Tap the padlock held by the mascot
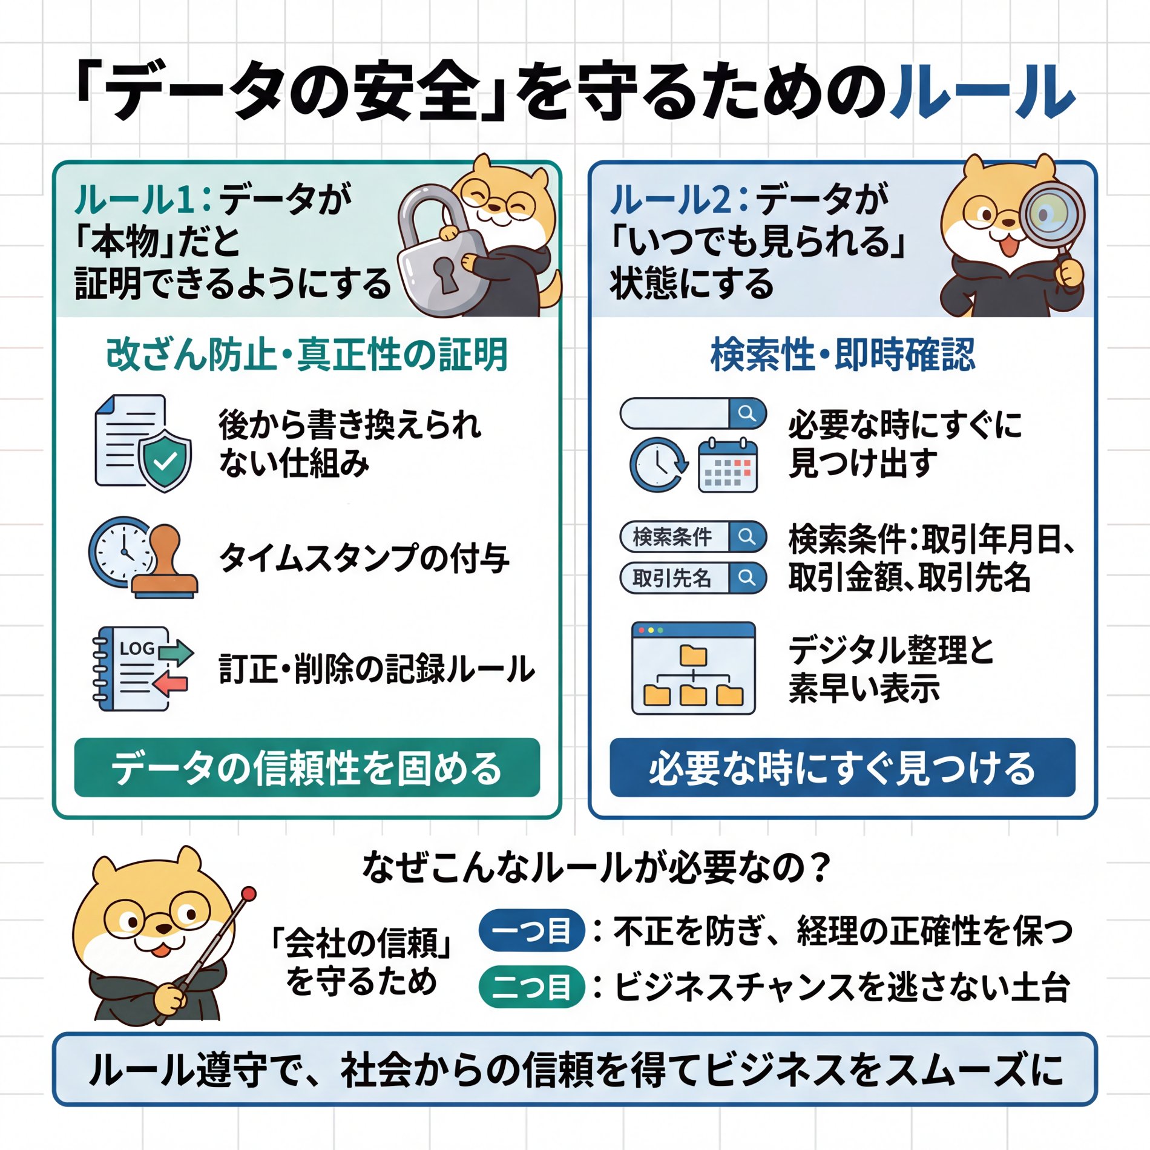[x=439, y=257]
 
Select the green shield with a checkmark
[x=165, y=461]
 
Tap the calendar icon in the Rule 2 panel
[x=727, y=466]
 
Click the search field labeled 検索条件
[x=692, y=537]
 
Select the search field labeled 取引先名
[x=692, y=578]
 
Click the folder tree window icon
[x=693, y=668]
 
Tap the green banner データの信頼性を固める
[x=307, y=767]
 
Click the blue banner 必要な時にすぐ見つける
[x=842, y=767]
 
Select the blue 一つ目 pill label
[x=531, y=931]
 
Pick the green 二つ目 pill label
[x=531, y=987]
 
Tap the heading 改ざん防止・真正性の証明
[x=307, y=355]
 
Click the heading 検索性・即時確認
[x=842, y=355]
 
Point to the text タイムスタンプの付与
[x=364, y=557]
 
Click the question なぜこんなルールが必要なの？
[x=596, y=867]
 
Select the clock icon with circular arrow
[x=659, y=465]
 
